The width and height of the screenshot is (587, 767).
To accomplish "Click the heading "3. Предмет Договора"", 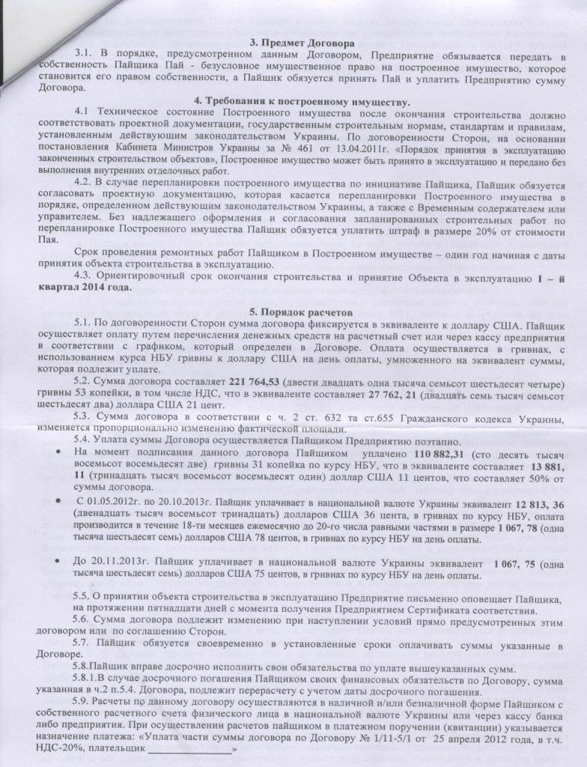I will coord(291,43).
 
